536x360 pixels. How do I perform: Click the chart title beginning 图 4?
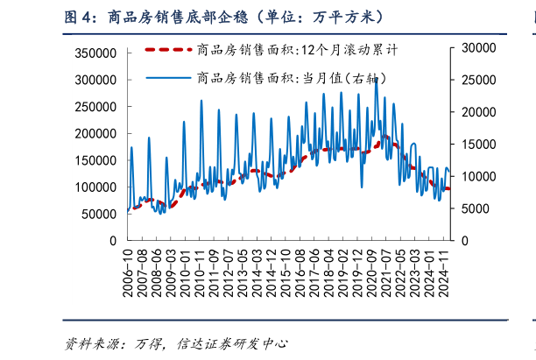(x=223, y=17)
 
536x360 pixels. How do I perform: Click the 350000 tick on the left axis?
(x=96, y=53)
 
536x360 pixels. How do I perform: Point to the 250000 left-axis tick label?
(x=96, y=107)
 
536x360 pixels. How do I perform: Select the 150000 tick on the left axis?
(x=96, y=160)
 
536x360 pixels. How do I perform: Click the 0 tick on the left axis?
(x=113, y=240)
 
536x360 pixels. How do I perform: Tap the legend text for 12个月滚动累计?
(x=298, y=50)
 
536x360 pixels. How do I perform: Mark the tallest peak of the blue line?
(x=376, y=77)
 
